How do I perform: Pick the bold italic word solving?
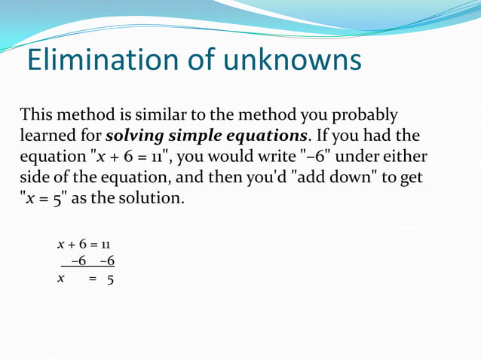pos(135,137)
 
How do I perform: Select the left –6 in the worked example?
pos(78,261)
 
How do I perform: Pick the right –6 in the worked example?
pos(106,261)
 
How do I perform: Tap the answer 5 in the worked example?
pos(110,279)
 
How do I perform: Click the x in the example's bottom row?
pos(60,278)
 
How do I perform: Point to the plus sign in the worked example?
pos(72,245)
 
